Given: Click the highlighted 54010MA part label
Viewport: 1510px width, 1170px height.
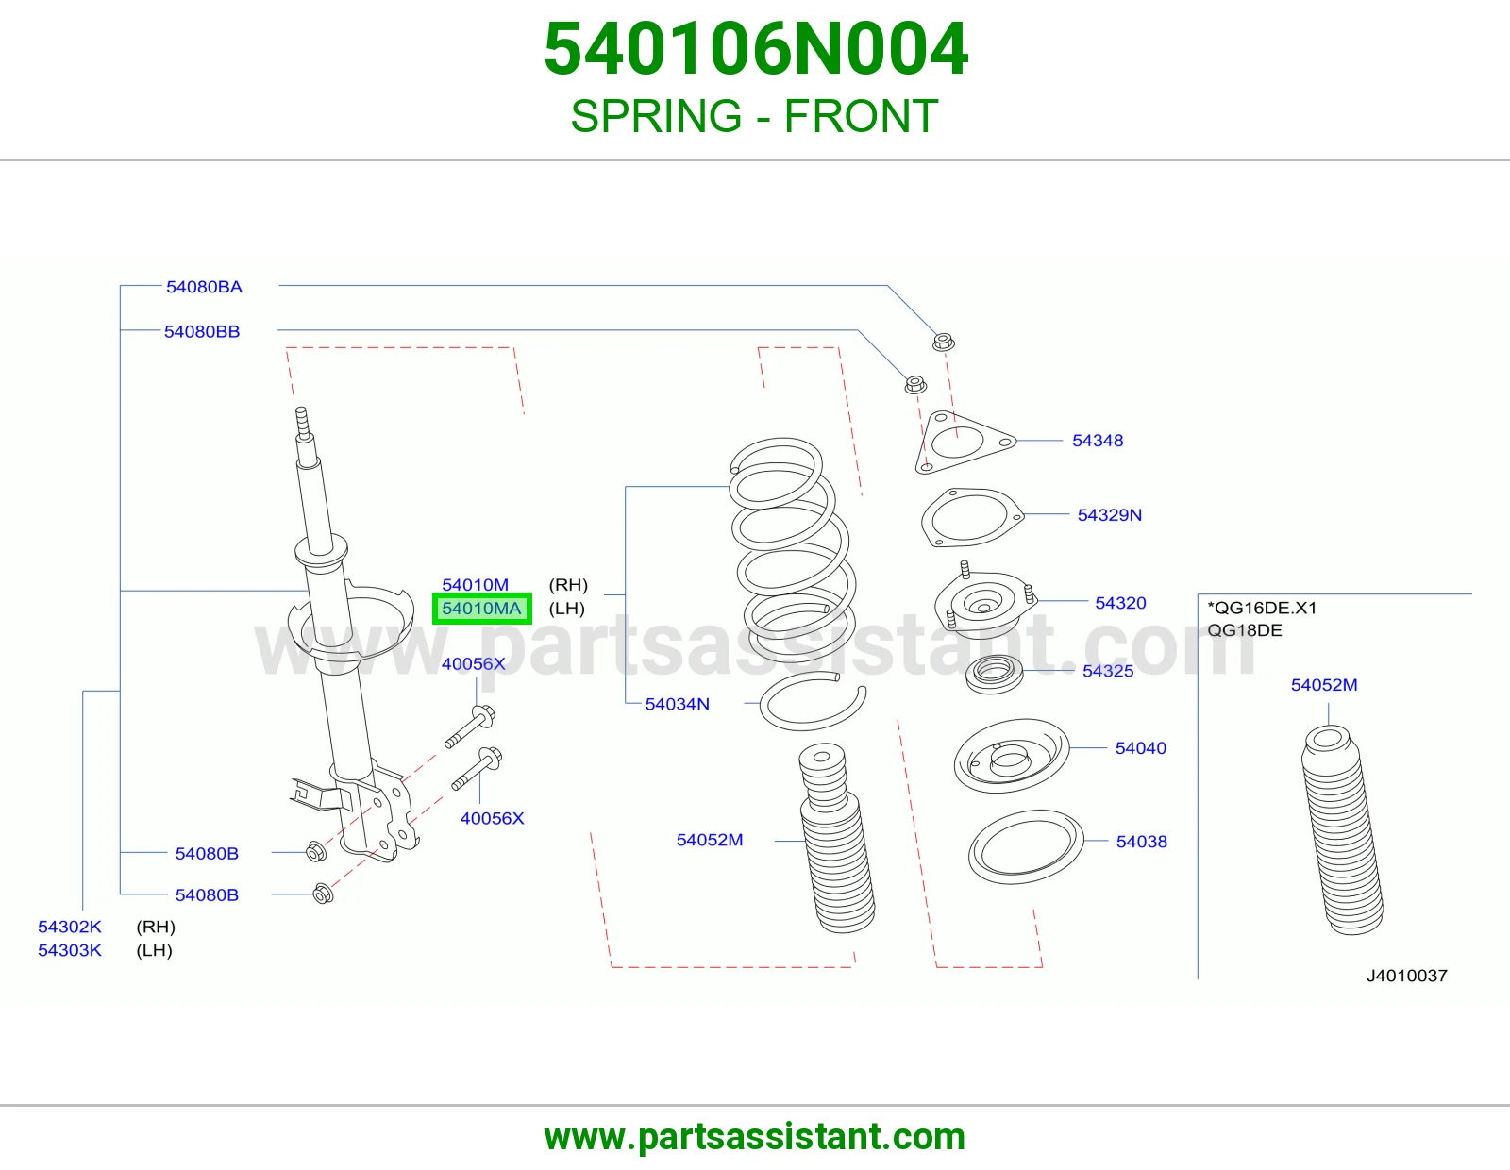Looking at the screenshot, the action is [481, 609].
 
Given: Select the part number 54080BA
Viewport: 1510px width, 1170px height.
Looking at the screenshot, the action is [204, 287].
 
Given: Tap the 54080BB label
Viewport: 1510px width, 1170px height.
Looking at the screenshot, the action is [202, 331].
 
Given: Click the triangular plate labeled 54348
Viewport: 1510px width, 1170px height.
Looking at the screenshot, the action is [965, 443].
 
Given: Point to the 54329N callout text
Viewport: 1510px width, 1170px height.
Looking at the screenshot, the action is [1110, 515].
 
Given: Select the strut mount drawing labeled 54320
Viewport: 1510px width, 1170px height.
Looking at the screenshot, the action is [985, 602].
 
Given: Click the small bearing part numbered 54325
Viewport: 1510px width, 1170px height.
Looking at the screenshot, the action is [995, 674].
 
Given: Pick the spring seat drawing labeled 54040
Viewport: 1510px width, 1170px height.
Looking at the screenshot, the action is [1012, 756].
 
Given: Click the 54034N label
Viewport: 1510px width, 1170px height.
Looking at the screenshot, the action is [678, 704].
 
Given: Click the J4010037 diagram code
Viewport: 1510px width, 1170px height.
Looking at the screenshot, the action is [1407, 976].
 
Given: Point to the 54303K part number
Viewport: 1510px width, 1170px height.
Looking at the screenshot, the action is [70, 950].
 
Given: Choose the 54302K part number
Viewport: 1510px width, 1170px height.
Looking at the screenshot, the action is [70, 927].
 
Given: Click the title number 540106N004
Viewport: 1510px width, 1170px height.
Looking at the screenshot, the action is [755, 49].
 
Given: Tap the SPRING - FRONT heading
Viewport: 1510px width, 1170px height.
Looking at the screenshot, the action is [755, 116].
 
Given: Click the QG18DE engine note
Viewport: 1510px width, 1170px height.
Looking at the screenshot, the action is [1245, 630].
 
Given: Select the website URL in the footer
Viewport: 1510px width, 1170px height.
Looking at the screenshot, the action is [755, 1137].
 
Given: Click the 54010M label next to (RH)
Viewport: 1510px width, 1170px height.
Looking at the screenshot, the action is [476, 585].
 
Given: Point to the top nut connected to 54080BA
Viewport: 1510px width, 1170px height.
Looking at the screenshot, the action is [943, 342].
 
